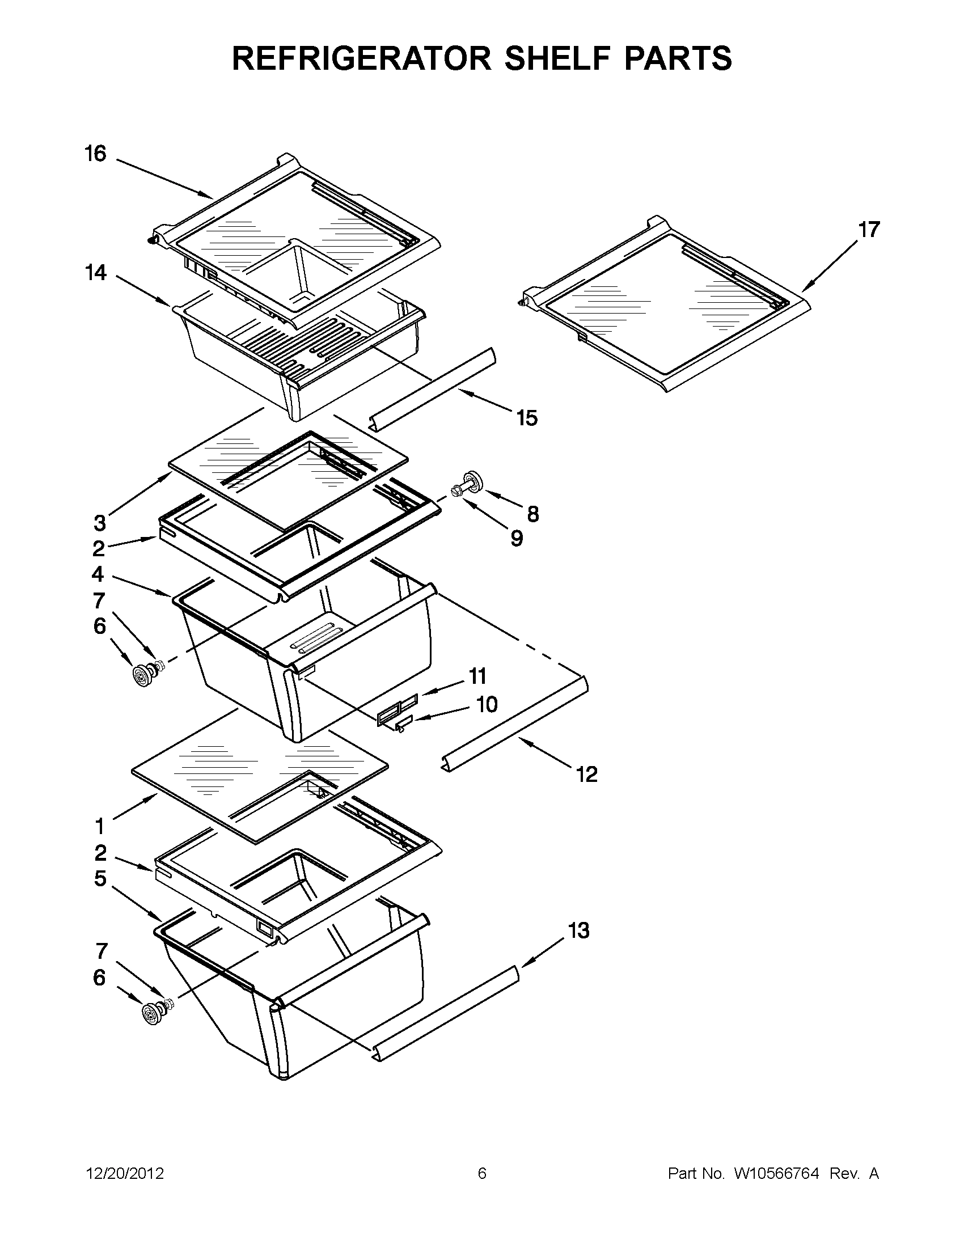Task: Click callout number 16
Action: [x=95, y=154]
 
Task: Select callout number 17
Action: [x=869, y=230]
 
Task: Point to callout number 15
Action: [x=527, y=418]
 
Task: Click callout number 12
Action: [x=587, y=775]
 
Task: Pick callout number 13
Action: [x=578, y=930]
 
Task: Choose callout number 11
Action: [x=477, y=676]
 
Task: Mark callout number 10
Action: [x=487, y=705]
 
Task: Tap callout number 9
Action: [x=516, y=538]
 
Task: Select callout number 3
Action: [x=99, y=522]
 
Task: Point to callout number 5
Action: [x=100, y=878]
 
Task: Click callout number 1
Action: [x=99, y=826]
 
